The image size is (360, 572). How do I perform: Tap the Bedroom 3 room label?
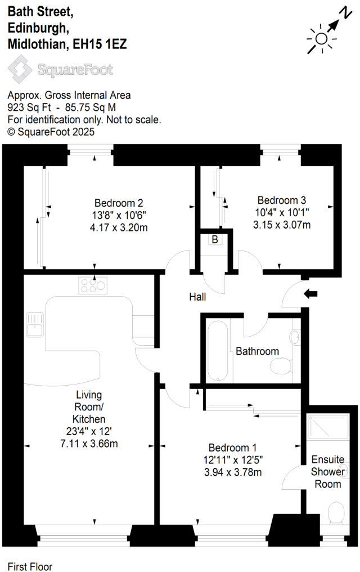tap(281, 200)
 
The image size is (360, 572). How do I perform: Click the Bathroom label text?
tap(257, 351)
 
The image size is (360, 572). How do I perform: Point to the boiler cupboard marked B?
tap(214, 240)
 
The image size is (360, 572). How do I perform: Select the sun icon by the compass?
tap(321, 38)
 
